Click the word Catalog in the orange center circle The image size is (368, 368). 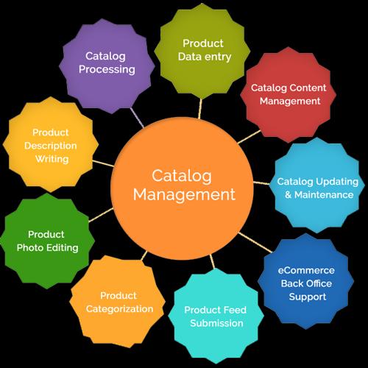182,177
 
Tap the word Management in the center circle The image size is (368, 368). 184,194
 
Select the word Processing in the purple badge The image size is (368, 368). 107,70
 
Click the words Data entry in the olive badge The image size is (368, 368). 205,57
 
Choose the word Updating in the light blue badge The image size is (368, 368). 337,183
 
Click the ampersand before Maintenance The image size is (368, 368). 289,195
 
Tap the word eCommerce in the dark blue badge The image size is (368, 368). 306,270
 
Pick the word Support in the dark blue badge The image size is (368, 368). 308,297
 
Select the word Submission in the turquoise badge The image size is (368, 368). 216,323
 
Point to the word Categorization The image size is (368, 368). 119,309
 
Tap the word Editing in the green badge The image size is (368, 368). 63,248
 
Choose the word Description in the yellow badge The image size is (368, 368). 51,146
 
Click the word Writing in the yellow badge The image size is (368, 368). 52,159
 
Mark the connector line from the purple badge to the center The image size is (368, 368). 137,118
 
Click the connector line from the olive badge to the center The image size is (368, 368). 200,109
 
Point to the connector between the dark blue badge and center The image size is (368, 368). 255,242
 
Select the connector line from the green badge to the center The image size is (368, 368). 101,215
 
